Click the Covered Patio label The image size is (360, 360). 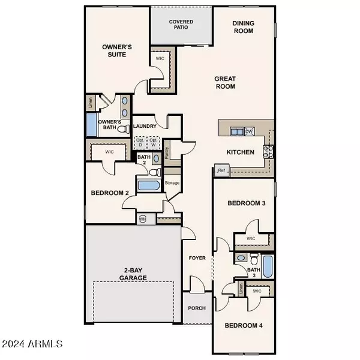point(181,25)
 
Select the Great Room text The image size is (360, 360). point(226,82)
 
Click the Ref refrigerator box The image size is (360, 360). point(221,171)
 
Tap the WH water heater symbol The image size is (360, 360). point(142,218)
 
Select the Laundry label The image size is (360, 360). point(145,126)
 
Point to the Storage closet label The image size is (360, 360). point(172,182)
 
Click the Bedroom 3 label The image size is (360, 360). point(247,203)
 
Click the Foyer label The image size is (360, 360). point(197,258)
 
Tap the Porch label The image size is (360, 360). point(197,308)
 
